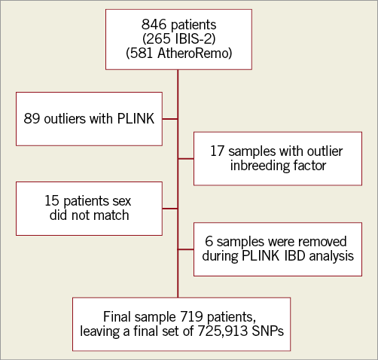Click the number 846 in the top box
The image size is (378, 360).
154,24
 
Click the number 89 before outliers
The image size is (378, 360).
32,118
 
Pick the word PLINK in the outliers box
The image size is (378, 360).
136,118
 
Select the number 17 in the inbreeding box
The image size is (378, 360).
217,151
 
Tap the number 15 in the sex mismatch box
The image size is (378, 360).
52,201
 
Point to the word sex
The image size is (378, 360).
122,201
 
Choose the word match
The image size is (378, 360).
111,215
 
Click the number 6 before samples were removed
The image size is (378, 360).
209,241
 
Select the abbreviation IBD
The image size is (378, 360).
295,256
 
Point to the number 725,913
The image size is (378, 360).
223,331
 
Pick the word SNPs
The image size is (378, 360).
268,331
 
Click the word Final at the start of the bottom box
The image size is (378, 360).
117,316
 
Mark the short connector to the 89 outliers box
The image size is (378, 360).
170,119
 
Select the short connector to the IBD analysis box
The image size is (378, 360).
186,249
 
